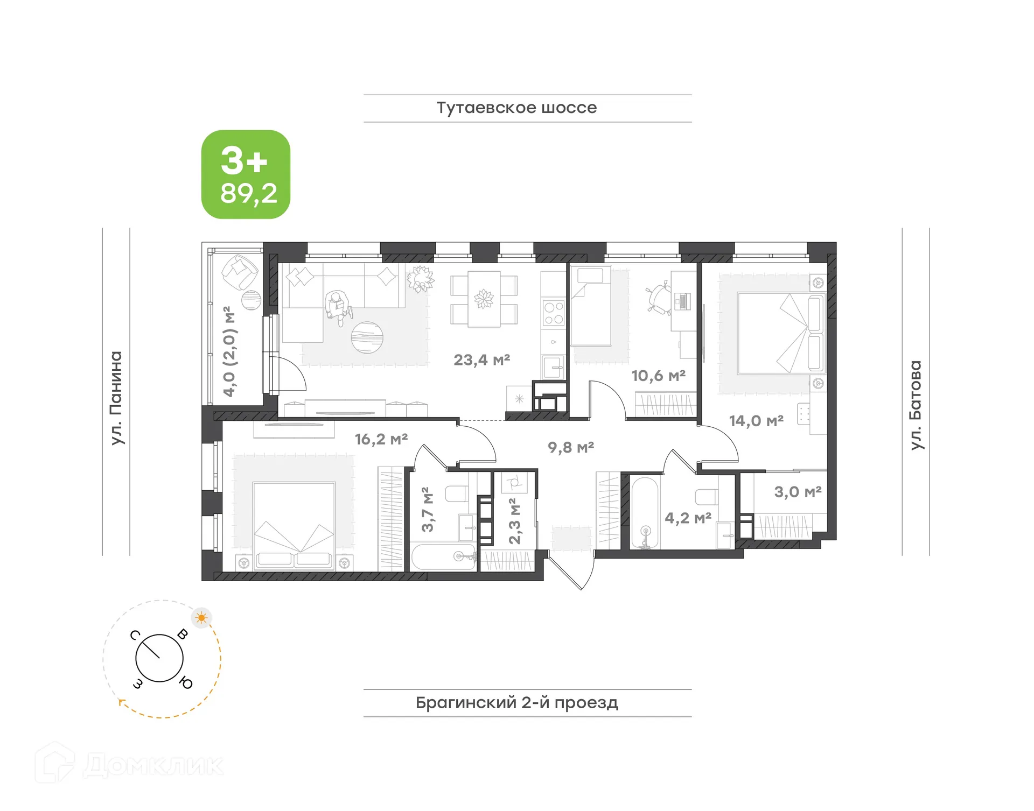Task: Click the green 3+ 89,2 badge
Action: coord(246,174)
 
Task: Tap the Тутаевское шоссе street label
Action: coord(516,108)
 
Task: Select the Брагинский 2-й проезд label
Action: coord(516,703)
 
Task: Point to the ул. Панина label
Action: coord(116,398)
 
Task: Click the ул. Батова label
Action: coord(916,405)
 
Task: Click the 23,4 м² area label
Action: coord(481,360)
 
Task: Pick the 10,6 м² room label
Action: coord(658,376)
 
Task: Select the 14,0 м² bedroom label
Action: coord(756,421)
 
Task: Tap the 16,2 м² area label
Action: coord(381,439)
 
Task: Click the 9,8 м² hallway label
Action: coord(571,447)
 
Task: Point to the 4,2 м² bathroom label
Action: coord(688,518)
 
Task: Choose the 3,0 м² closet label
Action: coord(798,492)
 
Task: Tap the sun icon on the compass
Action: coord(201,618)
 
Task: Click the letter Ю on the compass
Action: coord(186,683)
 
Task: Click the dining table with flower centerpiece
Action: coord(484,299)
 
